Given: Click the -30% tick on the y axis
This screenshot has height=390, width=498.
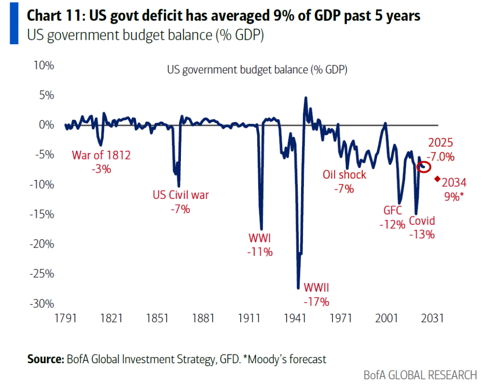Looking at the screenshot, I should click(43, 304).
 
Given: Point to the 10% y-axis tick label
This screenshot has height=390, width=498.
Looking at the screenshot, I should click(44, 65).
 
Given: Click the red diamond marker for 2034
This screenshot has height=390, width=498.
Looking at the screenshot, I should click(437, 178).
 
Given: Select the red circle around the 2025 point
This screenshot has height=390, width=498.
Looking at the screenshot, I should click(424, 166).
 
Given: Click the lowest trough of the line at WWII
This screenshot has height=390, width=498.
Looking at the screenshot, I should click(298, 288).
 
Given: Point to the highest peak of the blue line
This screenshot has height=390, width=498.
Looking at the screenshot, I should click(306, 98).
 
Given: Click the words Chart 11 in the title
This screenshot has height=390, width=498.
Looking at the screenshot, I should click(54, 17).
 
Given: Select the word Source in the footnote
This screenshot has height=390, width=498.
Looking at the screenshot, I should click(45, 359).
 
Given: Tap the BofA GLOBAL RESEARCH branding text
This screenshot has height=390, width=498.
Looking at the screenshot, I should click(420, 375).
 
